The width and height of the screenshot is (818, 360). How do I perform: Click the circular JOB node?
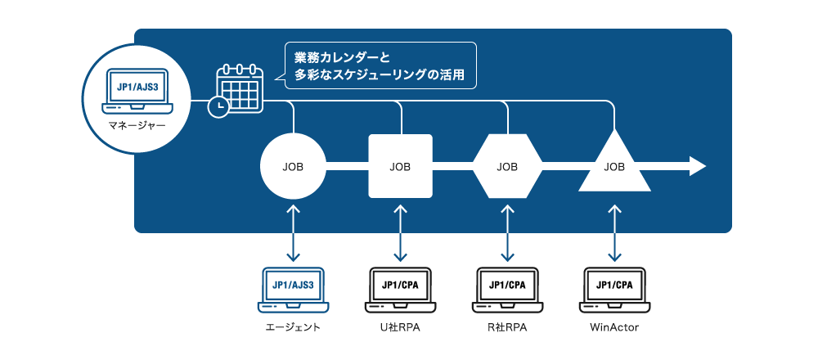pos(293,167)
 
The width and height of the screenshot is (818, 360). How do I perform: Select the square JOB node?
pos(400,166)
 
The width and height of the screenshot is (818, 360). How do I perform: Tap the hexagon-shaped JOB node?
pos(507,166)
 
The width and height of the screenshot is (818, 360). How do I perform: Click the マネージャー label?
pos(137,126)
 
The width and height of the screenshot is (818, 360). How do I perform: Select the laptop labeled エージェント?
pos(293,290)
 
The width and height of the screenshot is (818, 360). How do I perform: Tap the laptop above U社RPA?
pos(400,290)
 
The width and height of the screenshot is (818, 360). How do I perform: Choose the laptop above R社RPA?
pos(507,290)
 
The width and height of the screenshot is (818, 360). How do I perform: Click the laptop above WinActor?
pos(614,290)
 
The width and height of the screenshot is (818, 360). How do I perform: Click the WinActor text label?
pos(614,328)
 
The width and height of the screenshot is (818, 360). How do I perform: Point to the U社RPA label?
pos(400,328)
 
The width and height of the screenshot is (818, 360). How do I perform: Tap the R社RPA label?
pos(507,328)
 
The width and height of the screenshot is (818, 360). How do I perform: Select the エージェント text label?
pos(293,328)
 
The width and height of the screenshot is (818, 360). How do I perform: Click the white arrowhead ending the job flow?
pos(698,166)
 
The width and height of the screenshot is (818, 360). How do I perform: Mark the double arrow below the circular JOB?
pos(293,232)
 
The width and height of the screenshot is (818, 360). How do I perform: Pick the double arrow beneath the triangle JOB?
pos(614,232)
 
